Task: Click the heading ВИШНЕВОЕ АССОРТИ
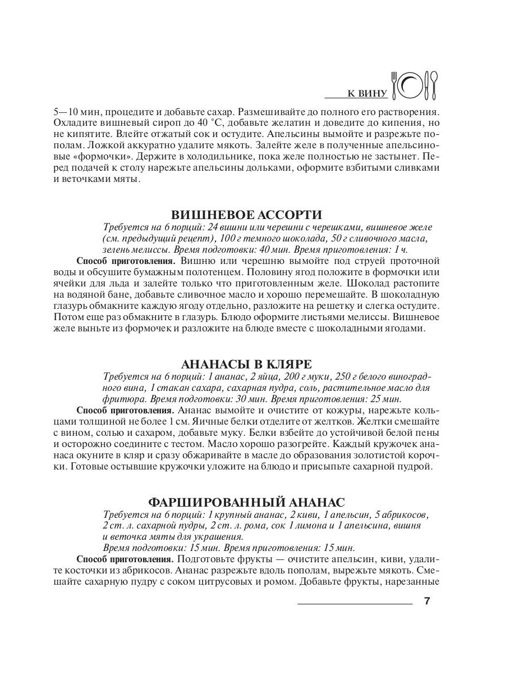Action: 246,215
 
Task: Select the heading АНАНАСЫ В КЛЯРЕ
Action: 246,363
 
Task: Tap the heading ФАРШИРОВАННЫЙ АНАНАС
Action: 246,501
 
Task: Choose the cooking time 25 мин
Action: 385,399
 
